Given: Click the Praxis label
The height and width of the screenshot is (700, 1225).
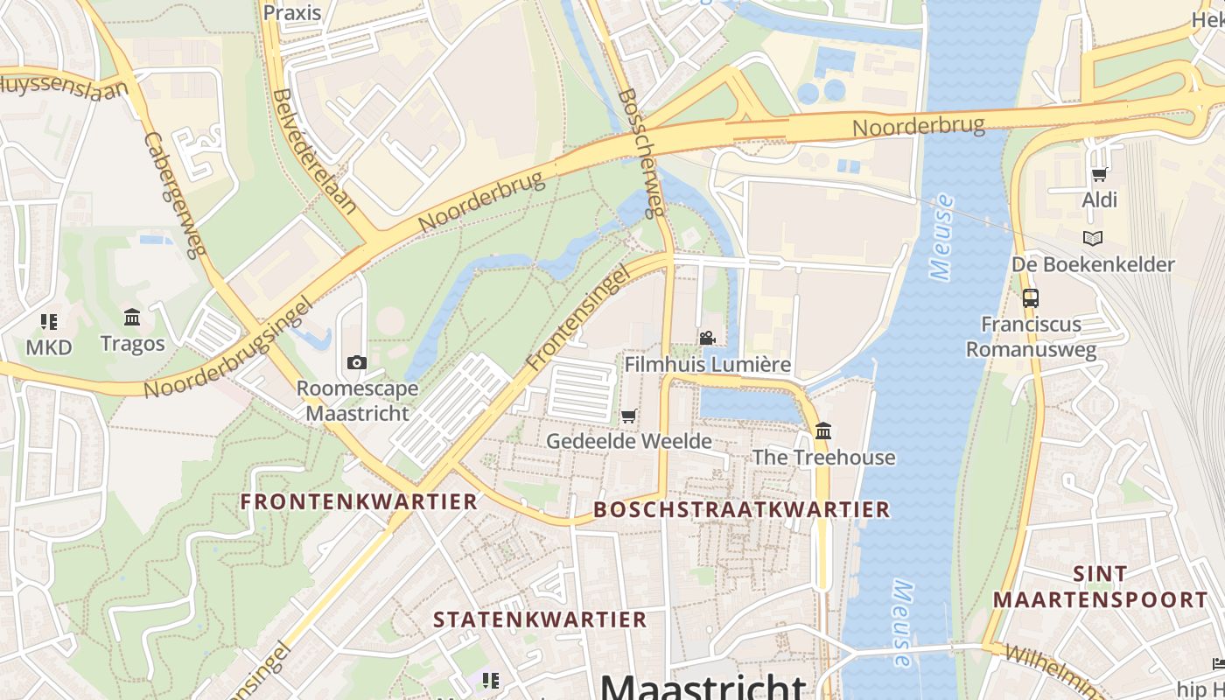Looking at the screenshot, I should click(292, 13).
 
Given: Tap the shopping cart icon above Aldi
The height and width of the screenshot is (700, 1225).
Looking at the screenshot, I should click(1100, 173).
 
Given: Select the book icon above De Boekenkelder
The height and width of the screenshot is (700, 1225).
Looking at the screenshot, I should click(1093, 238).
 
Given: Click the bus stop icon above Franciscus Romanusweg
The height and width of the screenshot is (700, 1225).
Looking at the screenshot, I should click(1031, 297).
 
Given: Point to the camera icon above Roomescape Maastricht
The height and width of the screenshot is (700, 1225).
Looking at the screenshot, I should click(356, 362).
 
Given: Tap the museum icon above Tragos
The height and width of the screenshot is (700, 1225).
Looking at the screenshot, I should click(132, 317).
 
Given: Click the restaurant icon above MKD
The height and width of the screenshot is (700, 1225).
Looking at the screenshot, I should click(48, 321).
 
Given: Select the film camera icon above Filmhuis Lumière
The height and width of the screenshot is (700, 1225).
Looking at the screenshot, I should click(707, 338).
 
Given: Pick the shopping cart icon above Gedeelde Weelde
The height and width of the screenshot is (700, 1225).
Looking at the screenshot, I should click(628, 416).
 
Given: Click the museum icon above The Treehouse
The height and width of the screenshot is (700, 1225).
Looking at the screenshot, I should click(823, 430).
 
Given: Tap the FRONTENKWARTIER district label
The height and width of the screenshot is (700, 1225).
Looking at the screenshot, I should click(359, 501).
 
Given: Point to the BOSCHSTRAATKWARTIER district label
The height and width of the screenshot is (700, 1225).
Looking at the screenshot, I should click(741, 509).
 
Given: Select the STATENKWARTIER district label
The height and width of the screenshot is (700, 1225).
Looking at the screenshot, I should click(540, 619).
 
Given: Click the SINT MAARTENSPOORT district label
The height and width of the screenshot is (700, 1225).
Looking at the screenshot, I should click(1100, 587).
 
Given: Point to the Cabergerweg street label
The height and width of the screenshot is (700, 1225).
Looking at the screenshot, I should click(175, 195).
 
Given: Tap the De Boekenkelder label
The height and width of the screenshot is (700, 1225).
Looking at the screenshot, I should click(1093, 264).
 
